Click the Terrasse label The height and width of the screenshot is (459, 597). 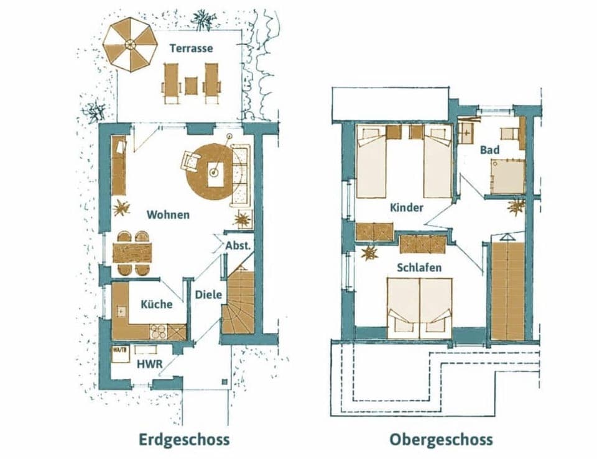191,48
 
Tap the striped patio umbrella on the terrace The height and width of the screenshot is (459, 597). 130,44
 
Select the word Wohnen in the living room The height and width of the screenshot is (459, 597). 168,215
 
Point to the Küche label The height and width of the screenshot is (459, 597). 156,304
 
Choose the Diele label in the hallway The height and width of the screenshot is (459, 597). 208,294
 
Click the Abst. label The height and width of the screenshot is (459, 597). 238,245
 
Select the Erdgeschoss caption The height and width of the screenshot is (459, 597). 184,440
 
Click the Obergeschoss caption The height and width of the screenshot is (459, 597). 441,440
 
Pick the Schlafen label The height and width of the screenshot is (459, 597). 419,268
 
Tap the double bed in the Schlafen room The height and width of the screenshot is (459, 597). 419,308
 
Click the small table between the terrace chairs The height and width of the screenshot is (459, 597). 191,85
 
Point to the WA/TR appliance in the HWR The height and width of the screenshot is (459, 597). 120,353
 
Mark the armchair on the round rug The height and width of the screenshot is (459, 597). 190,161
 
